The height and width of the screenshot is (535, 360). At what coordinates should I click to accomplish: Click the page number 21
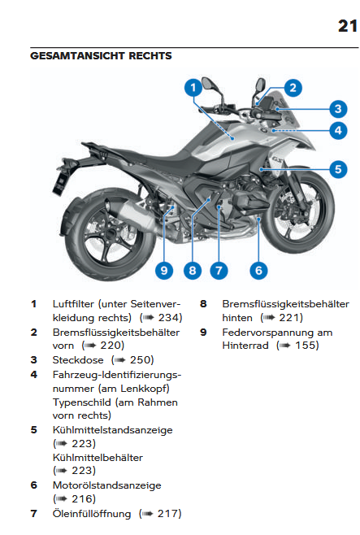click(x=347, y=26)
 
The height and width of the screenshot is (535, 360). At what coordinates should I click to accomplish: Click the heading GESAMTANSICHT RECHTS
click(x=101, y=56)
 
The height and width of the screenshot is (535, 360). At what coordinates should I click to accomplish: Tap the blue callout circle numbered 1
click(x=193, y=88)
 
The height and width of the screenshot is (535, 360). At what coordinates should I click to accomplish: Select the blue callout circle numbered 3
click(x=338, y=109)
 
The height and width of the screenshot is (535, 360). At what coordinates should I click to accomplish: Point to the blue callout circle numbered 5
click(x=338, y=169)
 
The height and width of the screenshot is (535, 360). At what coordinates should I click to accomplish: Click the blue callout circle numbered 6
click(x=258, y=271)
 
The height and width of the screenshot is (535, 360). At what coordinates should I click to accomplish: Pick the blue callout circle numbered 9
click(x=164, y=271)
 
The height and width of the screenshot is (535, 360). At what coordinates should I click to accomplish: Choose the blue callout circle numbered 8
click(x=193, y=271)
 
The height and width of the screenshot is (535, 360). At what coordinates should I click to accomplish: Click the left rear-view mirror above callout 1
click(x=207, y=84)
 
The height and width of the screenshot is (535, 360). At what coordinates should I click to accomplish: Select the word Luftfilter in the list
click(x=73, y=304)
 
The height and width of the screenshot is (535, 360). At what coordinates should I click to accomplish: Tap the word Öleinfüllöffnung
click(x=92, y=514)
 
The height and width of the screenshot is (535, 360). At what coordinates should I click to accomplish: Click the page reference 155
click(x=305, y=346)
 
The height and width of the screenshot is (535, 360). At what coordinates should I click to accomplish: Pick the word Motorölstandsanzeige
click(x=106, y=485)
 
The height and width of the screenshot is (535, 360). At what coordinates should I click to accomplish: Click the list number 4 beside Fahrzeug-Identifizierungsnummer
click(x=34, y=375)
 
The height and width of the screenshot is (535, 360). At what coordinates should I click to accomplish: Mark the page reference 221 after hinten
click(x=288, y=318)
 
